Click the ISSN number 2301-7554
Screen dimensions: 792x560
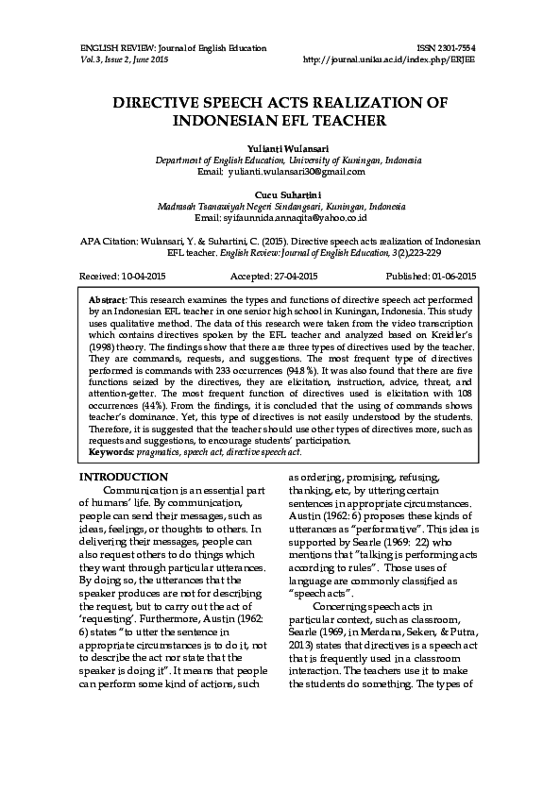point(454,47)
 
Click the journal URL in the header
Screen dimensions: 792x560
point(390,59)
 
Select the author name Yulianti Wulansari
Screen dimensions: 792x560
point(280,149)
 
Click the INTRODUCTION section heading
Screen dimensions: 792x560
point(124,477)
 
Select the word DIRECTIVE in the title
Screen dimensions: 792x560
point(163,103)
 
